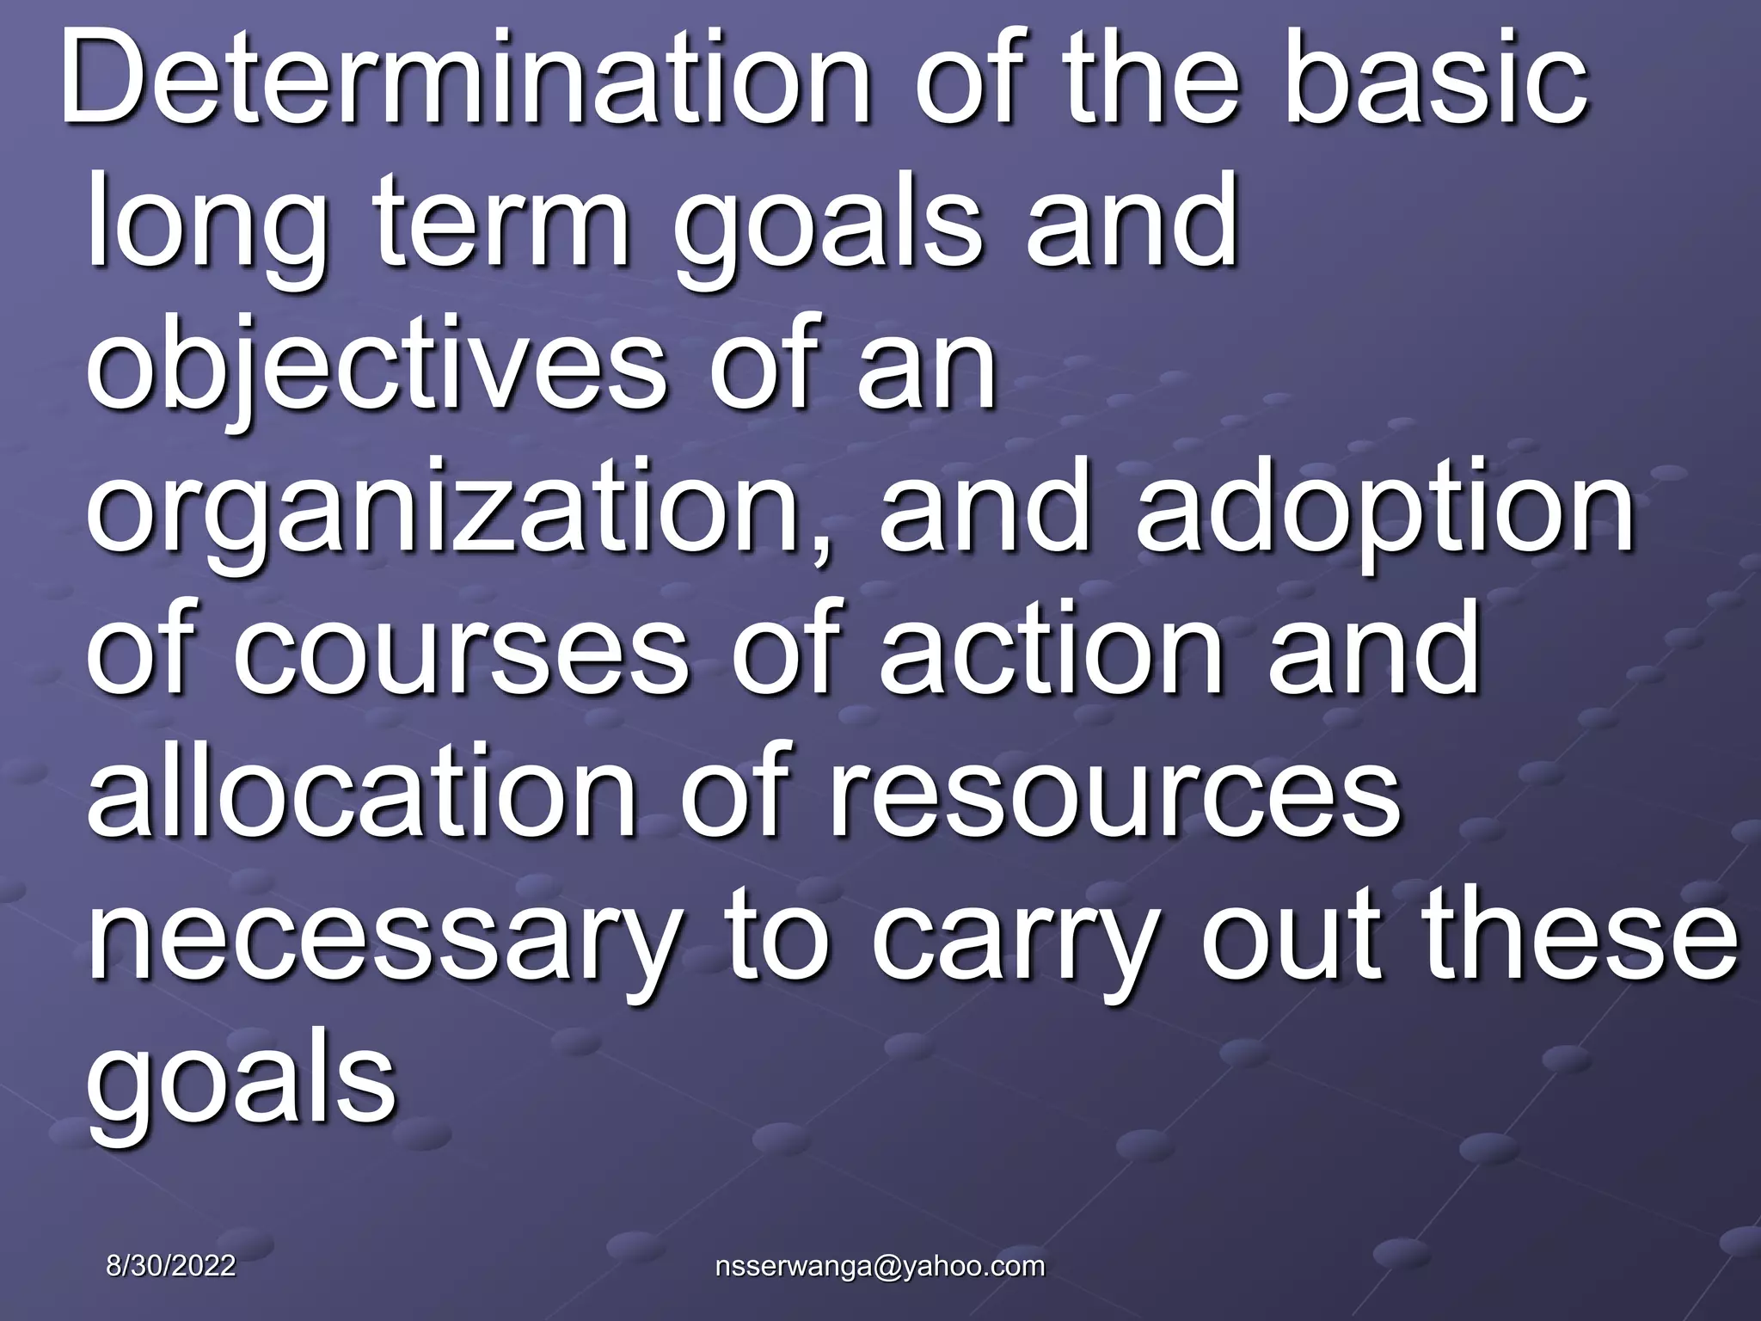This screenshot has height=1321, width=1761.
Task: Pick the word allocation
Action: pos(362,790)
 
